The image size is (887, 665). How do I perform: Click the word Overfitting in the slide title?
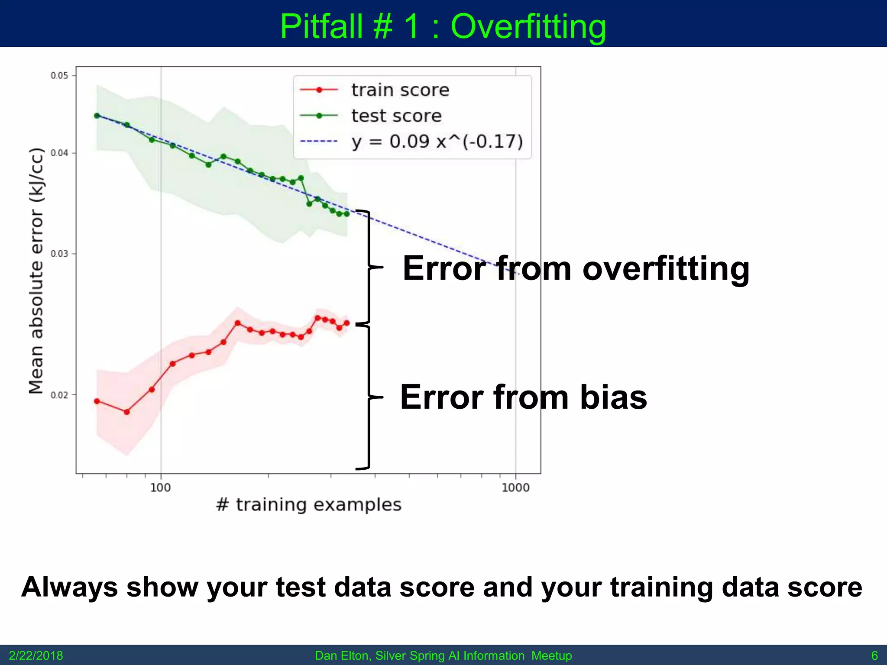coord(528,27)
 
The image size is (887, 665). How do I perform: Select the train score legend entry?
coord(400,90)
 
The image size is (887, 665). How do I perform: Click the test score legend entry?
coord(396,116)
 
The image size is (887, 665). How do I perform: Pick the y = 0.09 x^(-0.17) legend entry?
coord(437,142)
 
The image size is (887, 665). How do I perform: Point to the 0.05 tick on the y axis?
coord(59,76)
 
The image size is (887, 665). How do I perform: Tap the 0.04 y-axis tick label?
coord(59,153)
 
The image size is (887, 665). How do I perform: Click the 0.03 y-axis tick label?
coord(59,254)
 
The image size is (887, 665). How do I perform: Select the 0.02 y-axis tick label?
coord(59,395)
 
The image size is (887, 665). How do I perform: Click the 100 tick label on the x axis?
coord(160,488)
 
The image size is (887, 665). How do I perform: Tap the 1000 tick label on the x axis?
coord(515,488)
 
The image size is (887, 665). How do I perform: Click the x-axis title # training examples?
coord(308,505)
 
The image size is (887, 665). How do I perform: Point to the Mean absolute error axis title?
coord(36,271)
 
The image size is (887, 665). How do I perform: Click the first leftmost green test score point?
coord(97,116)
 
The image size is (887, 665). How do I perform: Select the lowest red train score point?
coord(127,412)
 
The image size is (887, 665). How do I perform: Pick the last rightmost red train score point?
coord(346,323)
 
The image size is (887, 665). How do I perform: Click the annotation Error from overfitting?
coord(576,268)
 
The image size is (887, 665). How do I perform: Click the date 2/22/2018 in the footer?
coord(36,655)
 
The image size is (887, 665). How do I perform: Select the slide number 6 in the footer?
coord(874,655)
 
